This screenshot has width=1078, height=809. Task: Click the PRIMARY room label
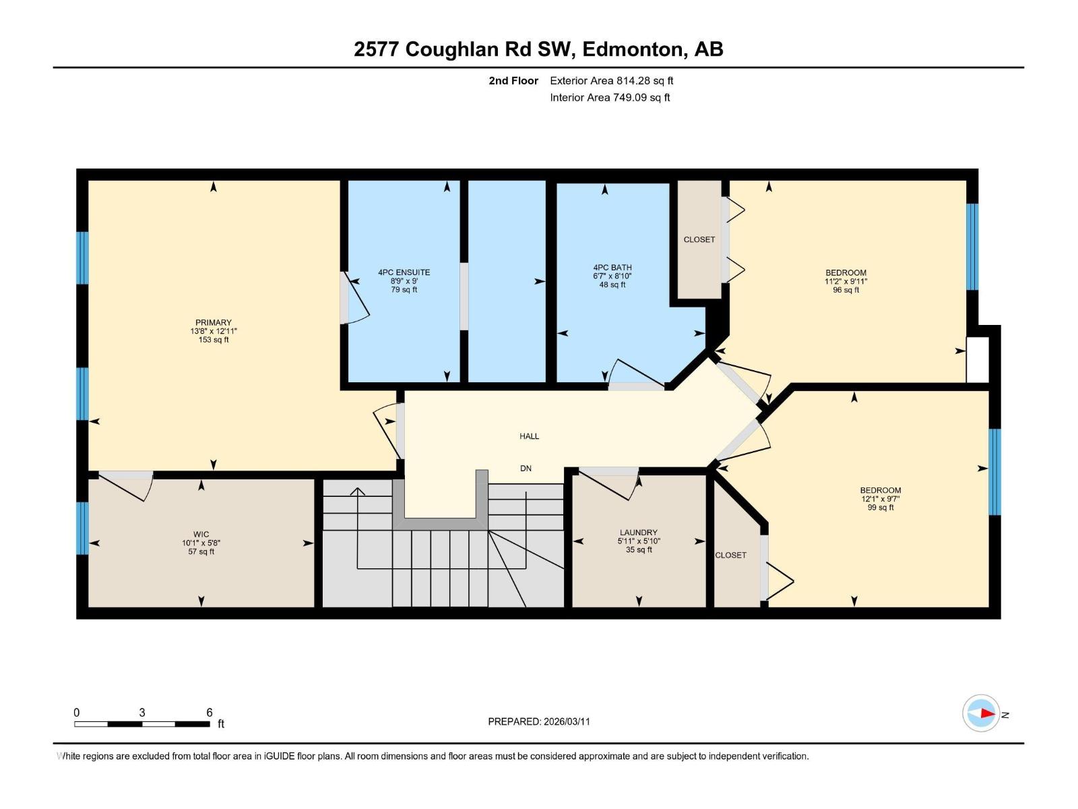pyautogui.click(x=213, y=322)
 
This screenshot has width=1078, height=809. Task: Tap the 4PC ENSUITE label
pyautogui.click(x=404, y=272)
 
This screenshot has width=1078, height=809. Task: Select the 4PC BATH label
pyautogui.click(x=612, y=268)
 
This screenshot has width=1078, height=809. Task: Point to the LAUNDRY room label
pyautogui.click(x=638, y=533)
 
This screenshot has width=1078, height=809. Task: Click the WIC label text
pyautogui.click(x=201, y=534)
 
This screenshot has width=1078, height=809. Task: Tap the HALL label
pyautogui.click(x=529, y=436)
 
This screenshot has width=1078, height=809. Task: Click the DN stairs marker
pyautogui.click(x=526, y=469)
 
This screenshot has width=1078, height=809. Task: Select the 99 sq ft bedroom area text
pyautogui.click(x=880, y=508)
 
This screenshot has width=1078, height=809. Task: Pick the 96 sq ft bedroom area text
pyautogui.click(x=846, y=290)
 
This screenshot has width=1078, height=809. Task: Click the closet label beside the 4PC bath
pyautogui.click(x=699, y=239)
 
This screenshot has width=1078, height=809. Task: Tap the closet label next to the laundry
pyautogui.click(x=730, y=555)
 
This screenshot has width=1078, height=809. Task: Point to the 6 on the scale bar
pyautogui.click(x=210, y=713)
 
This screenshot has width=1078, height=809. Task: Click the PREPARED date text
pyautogui.click(x=538, y=721)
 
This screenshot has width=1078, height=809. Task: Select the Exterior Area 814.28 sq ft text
pyautogui.click(x=611, y=81)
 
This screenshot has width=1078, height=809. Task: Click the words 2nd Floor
pyautogui.click(x=513, y=81)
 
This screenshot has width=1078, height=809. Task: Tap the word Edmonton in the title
pyautogui.click(x=633, y=49)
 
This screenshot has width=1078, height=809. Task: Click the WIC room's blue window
pyautogui.click(x=82, y=528)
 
